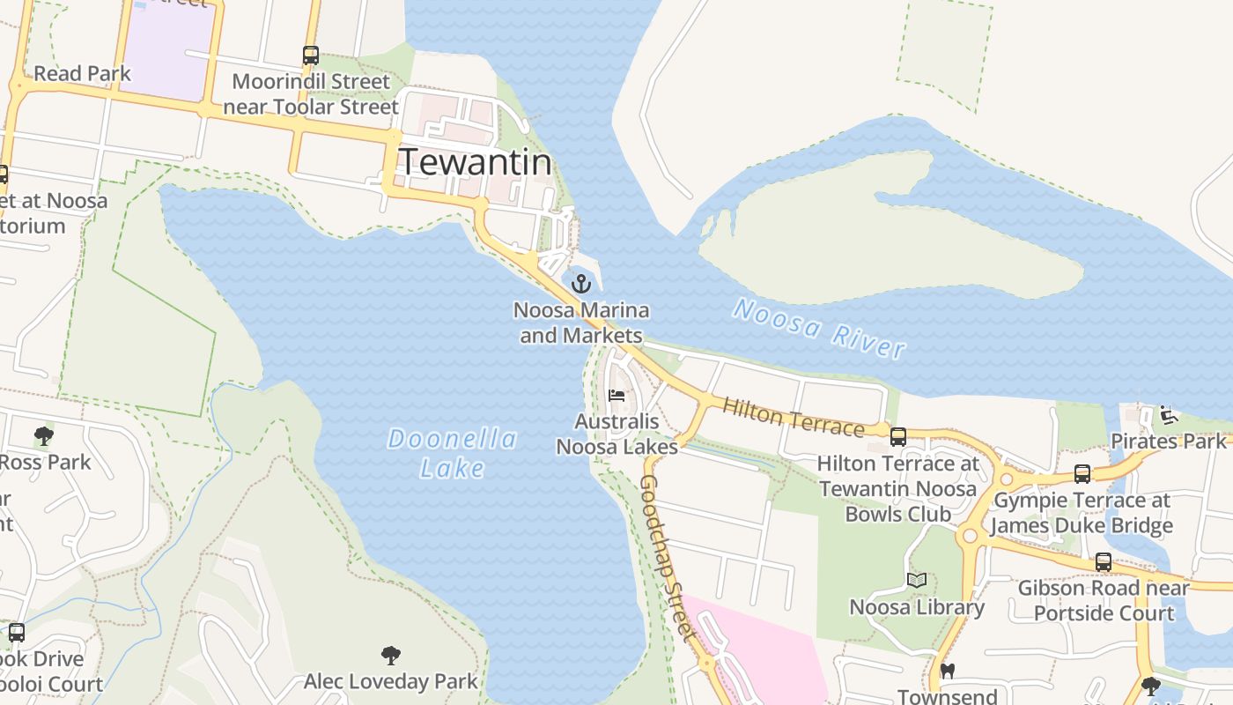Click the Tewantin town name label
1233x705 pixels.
click(476, 162)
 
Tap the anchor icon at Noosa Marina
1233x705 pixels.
click(580, 284)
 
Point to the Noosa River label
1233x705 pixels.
click(819, 329)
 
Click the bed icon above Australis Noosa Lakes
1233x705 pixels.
click(616, 395)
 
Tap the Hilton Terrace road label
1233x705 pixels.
click(793, 417)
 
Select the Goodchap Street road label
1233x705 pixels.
click(668, 557)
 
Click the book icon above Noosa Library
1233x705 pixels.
click(917, 580)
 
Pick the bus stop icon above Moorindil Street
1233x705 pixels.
click(310, 56)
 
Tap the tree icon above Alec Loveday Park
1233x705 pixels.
click(391, 655)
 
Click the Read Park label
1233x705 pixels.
click(82, 73)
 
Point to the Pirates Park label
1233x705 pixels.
click(1168, 441)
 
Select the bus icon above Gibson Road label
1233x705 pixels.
click(1103, 562)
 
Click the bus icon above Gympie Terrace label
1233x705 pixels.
click(1082, 474)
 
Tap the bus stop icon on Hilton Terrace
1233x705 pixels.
click(898, 436)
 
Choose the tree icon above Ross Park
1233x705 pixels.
click(43, 435)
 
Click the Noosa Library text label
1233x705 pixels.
click(917, 607)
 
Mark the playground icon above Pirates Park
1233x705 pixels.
click(1169, 414)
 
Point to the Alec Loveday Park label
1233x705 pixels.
click(391, 681)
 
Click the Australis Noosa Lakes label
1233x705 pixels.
click(616, 434)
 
